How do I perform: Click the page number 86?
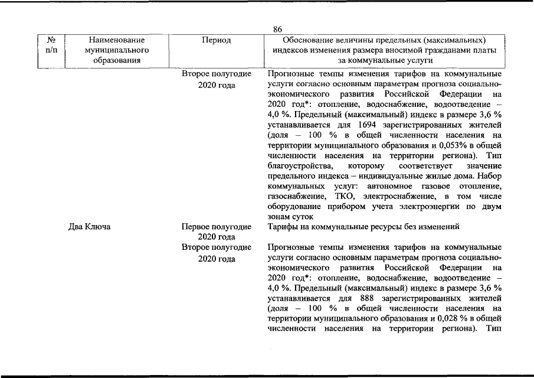point(278,30)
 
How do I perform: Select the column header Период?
point(216,40)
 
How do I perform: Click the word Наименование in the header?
point(116,40)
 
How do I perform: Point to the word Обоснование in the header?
point(312,40)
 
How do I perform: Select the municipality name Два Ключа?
point(91,226)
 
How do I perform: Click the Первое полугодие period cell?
point(216,226)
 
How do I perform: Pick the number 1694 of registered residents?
point(368,125)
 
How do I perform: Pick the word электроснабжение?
point(394,195)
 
